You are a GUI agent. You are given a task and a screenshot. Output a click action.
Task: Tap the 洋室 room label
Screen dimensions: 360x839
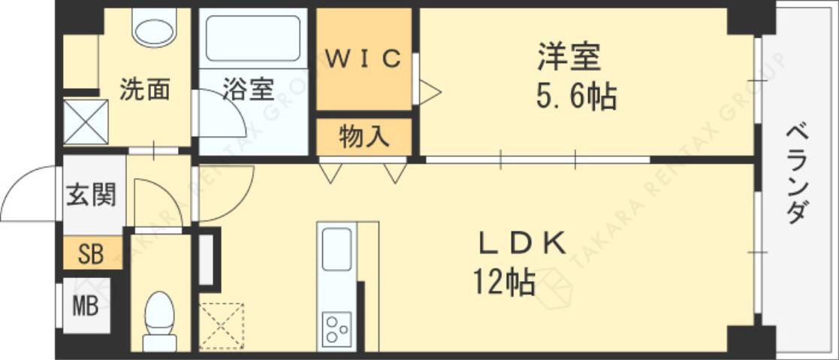tap(569, 58)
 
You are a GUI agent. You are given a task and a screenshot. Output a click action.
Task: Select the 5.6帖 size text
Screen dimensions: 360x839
tap(576, 97)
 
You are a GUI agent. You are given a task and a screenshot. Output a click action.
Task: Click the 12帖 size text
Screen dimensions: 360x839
tap(503, 282)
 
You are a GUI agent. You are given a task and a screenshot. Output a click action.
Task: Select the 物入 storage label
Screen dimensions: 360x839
tap(364, 137)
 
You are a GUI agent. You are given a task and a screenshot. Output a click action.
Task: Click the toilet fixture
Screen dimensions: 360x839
tap(159, 319)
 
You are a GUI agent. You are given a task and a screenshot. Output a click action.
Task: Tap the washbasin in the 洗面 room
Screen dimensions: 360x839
tap(155, 27)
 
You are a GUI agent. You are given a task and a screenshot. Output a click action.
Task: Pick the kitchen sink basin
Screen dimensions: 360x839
tap(337, 250)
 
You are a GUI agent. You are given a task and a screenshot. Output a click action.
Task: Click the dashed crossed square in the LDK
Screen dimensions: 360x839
tap(222, 325)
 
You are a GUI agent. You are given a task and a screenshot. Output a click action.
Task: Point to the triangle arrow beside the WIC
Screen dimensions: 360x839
tap(429, 92)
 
